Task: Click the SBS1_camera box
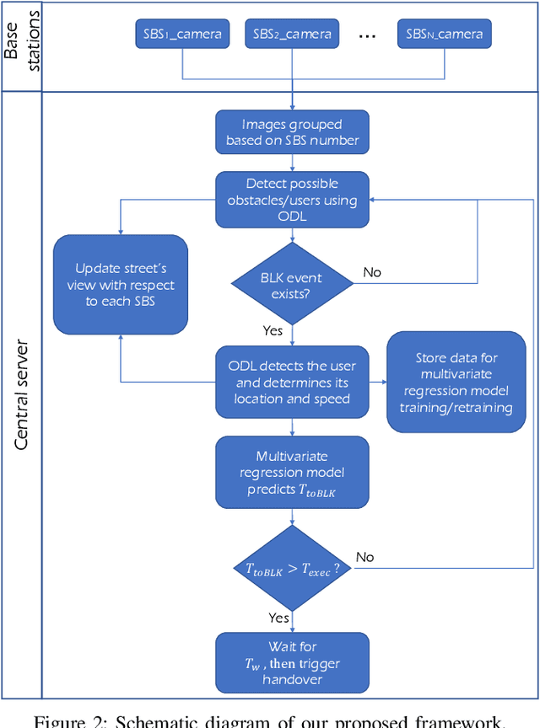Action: coord(182,35)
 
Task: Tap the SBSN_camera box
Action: coord(445,35)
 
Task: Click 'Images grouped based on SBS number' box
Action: coord(292,133)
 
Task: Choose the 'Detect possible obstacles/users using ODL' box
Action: coord(292,200)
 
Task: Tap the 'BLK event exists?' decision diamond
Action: coord(292,286)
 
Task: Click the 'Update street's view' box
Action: coord(121,285)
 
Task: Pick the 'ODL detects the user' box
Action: coord(292,382)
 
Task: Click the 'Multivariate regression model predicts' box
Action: coord(292,472)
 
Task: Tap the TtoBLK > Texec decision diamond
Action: coord(292,569)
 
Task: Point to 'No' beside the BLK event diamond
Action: coord(372,272)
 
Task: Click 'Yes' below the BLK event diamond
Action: coord(272,330)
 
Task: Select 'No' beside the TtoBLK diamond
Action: coord(364,557)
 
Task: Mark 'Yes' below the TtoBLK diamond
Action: coord(278,618)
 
